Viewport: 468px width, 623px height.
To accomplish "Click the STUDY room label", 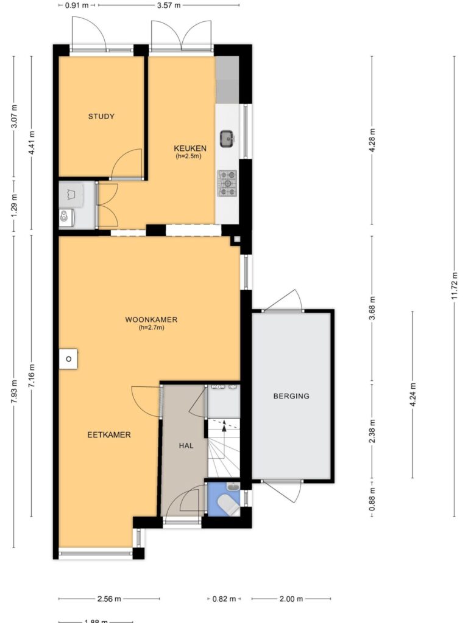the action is click(101, 116).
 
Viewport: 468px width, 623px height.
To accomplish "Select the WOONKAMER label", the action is click(151, 319).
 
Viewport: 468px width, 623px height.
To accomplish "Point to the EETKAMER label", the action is click(108, 434).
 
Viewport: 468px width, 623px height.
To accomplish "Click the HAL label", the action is click(186, 445).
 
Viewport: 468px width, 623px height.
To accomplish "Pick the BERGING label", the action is click(291, 395).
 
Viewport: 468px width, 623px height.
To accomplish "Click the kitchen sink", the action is click(227, 138).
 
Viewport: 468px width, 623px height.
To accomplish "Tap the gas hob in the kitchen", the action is click(227, 183).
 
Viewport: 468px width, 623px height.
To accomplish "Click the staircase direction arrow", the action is click(224, 425).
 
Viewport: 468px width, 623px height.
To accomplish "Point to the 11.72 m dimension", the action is click(455, 286).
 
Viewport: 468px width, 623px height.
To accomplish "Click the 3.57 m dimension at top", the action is click(169, 5).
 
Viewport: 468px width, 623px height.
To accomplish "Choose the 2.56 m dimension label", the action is click(109, 599).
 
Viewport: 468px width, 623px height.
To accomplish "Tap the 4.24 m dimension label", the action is click(413, 394).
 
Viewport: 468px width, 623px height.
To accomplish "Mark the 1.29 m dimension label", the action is click(14, 206).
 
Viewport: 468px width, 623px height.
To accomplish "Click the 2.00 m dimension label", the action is click(291, 599).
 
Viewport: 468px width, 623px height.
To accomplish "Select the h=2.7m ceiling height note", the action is click(151, 328).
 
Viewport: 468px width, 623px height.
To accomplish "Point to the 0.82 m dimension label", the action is click(224, 599).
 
